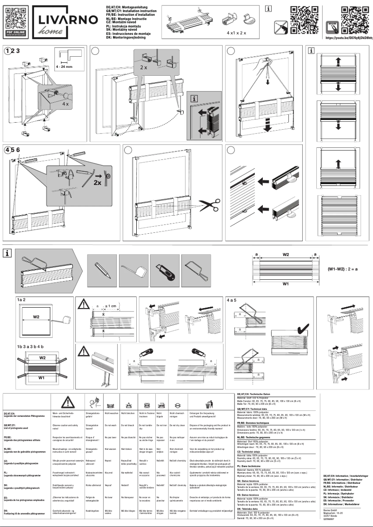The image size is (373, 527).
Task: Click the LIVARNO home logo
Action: (x=66, y=21)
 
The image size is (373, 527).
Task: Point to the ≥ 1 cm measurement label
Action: (x=112, y=306)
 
